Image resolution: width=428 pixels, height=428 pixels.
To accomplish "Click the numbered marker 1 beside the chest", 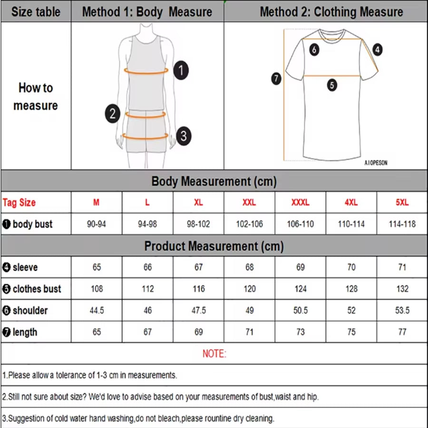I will (181, 71).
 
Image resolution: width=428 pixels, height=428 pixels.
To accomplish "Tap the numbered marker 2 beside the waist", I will (113, 114).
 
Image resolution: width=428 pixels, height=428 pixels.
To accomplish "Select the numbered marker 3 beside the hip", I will (184, 136).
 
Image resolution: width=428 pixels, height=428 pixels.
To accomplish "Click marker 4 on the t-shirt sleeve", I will (377, 49).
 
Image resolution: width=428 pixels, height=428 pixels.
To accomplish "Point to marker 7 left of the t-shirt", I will (277, 78).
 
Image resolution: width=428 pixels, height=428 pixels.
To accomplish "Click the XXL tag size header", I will (249, 202).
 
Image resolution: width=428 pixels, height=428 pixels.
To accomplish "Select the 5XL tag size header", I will (402, 202).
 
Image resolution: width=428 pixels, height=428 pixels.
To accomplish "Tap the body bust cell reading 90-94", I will (97, 224).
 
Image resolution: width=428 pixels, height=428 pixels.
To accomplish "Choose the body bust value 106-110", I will (300, 224).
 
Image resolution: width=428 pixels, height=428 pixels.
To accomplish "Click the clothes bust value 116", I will (198, 289).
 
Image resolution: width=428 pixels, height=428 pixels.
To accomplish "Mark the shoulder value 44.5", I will (97, 311).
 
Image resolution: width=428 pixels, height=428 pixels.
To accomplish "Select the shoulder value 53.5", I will (402, 311).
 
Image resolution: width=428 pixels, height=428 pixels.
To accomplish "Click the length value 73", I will (300, 332).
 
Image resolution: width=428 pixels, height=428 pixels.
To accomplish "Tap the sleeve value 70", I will (351, 267).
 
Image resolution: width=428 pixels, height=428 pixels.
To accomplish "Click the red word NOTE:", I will (214, 354).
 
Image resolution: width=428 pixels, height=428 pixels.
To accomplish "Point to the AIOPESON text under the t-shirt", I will (376, 163).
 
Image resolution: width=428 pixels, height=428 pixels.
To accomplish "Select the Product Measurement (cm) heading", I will (214, 246).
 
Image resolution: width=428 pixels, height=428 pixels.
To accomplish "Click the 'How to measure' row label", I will (36, 97).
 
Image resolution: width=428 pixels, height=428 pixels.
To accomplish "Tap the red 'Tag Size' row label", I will (19, 203).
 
